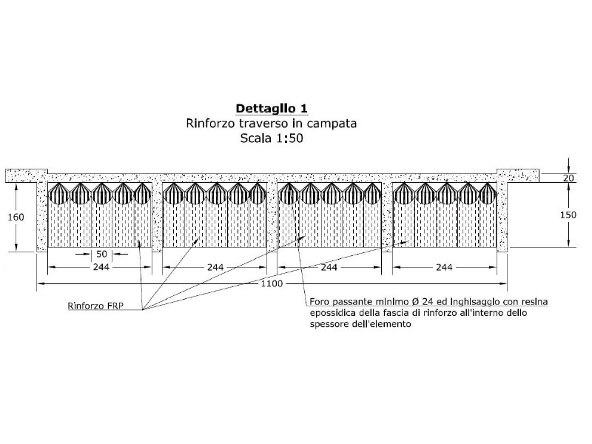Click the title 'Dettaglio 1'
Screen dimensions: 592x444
[272, 109]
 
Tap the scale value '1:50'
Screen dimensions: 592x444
[289, 138]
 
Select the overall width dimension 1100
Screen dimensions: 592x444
[272, 283]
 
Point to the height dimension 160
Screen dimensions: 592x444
[16, 217]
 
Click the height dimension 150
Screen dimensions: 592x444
[568, 215]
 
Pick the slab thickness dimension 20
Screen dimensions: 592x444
[568, 178]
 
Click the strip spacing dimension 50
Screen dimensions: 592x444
[101, 254]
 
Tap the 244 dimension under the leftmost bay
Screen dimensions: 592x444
[101, 267]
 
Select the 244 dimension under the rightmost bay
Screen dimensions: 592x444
[444, 267]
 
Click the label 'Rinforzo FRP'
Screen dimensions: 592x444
[95, 306]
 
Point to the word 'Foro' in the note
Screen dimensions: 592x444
[318, 302]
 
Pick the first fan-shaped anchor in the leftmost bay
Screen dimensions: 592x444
[59, 193]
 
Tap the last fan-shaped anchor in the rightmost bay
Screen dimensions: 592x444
[488, 193]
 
